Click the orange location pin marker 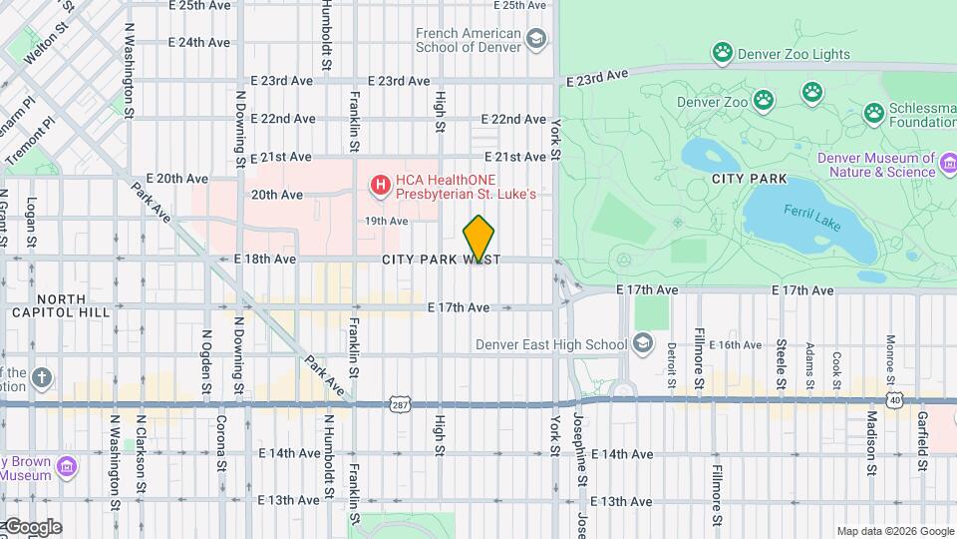tap(479, 239)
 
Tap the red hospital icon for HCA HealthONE tap(380, 184)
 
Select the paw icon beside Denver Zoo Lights tap(723, 52)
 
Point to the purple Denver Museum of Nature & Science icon tap(948, 162)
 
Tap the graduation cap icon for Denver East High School tap(643, 344)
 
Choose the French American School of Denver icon tap(536, 40)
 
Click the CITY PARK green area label tap(750, 179)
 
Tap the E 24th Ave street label tap(199, 43)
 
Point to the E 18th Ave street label tap(265, 259)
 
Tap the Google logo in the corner tap(32, 527)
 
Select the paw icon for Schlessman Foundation tap(874, 112)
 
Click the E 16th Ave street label tap(737, 344)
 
